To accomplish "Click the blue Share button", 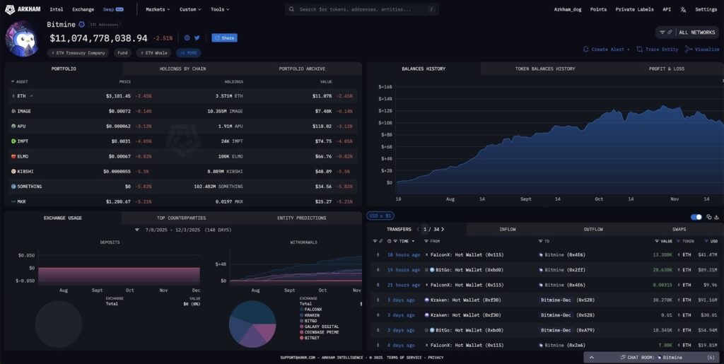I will click(x=224, y=37).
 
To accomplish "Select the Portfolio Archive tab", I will click(x=302, y=69).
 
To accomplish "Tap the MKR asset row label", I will click(x=23, y=201).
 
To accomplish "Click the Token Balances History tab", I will click(x=545, y=69).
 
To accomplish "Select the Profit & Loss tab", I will click(x=666, y=69).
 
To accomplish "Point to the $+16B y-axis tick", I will click(x=385, y=86).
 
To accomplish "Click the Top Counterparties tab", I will click(x=181, y=218).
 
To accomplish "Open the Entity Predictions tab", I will click(x=302, y=218).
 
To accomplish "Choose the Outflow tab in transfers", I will click(x=593, y=229).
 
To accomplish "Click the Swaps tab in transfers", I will click(x=679, y=229).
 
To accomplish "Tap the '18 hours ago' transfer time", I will click(x=404, y=254).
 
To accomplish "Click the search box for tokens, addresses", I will click(x=362, y=10).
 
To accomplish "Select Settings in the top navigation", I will click(x=706, y=10).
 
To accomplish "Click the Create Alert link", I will click(x=607, y=49).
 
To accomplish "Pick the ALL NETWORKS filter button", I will click(x=696, y=33).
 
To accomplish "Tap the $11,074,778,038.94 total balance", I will click(x=98, y=38).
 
